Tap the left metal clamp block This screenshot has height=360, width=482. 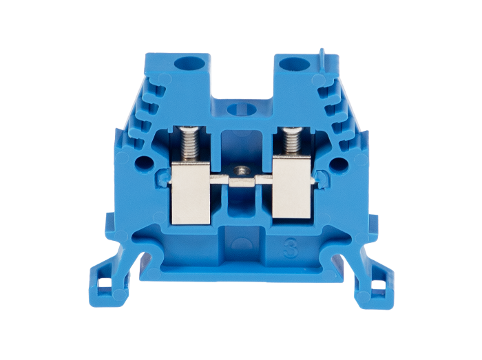click(191, 195)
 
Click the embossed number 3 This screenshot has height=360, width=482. click(291, 247)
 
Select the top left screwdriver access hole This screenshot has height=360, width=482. click(189, 63)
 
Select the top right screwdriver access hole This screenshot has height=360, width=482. click(295, 64)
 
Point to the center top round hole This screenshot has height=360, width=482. click(242, 109)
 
